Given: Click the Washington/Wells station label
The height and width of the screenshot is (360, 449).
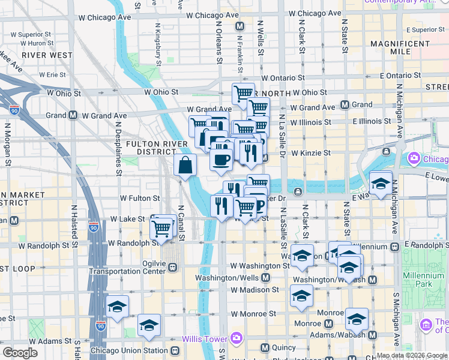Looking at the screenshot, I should tap(231, 278).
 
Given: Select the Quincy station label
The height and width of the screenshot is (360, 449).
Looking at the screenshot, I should tap(283, 347).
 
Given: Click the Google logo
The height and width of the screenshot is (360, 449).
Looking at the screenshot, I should tap(20, 353).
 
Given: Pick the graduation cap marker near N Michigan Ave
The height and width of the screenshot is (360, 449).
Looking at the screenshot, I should tap(381, 184).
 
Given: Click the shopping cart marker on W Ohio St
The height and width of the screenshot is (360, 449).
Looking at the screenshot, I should tap(243, 94).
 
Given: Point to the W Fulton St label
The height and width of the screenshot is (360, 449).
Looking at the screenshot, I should tap(140, 197).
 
